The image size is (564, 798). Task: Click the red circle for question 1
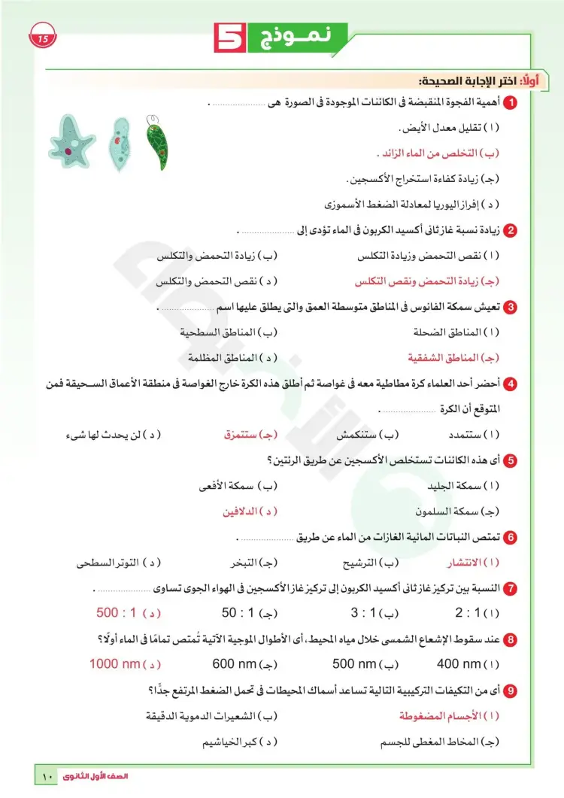click(511, 102)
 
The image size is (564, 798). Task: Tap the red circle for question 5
click(511, 460)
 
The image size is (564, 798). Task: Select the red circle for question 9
click(511, 690)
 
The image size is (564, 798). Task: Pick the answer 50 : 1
click(239, 613)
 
